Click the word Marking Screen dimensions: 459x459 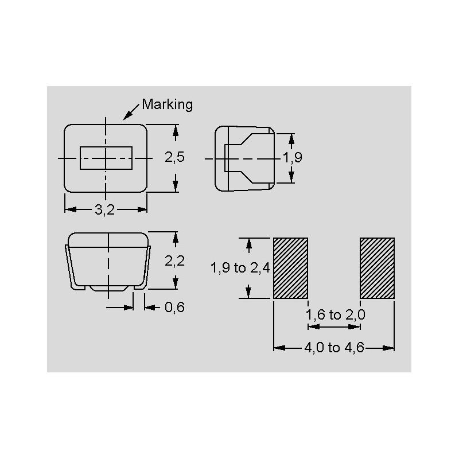point(167,104)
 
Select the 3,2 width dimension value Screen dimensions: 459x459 point(105,210)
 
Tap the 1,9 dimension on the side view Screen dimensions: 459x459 point(292,158)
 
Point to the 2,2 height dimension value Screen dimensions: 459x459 point(174,261)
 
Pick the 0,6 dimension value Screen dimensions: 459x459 point(174,308)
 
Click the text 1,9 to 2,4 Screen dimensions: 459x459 point(240,268)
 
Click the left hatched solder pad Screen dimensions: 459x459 point(290,268)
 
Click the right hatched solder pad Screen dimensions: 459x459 point(377,268)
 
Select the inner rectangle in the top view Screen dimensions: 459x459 point(106,158)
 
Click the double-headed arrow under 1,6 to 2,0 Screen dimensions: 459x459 point(334,327)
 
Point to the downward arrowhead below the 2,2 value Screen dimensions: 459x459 point(176,284)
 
